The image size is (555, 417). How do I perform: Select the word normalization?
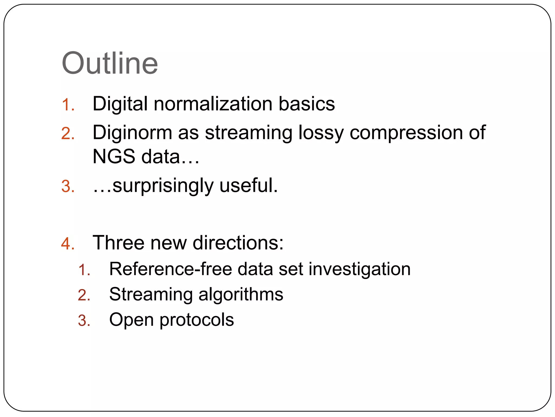pyautogui.click(x=213, y=104)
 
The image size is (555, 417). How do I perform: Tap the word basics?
pyautogui.click(x=307, y=104)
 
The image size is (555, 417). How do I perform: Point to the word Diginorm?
pyautogui.click(x=132, y=133)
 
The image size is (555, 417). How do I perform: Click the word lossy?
pyautogui.click(x=321, y=133)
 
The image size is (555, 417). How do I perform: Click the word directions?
pyautogui.click(x=238, y=242)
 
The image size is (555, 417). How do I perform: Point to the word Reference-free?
pyautogui.click(x=170, y=269)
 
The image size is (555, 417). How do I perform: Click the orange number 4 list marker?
pyautogui.click(x=67, y=243)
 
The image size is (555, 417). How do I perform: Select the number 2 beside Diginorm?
pyautogui.click(x=67, y=134)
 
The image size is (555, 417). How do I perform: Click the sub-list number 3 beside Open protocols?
pyautogui.click(x=84, y=321)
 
